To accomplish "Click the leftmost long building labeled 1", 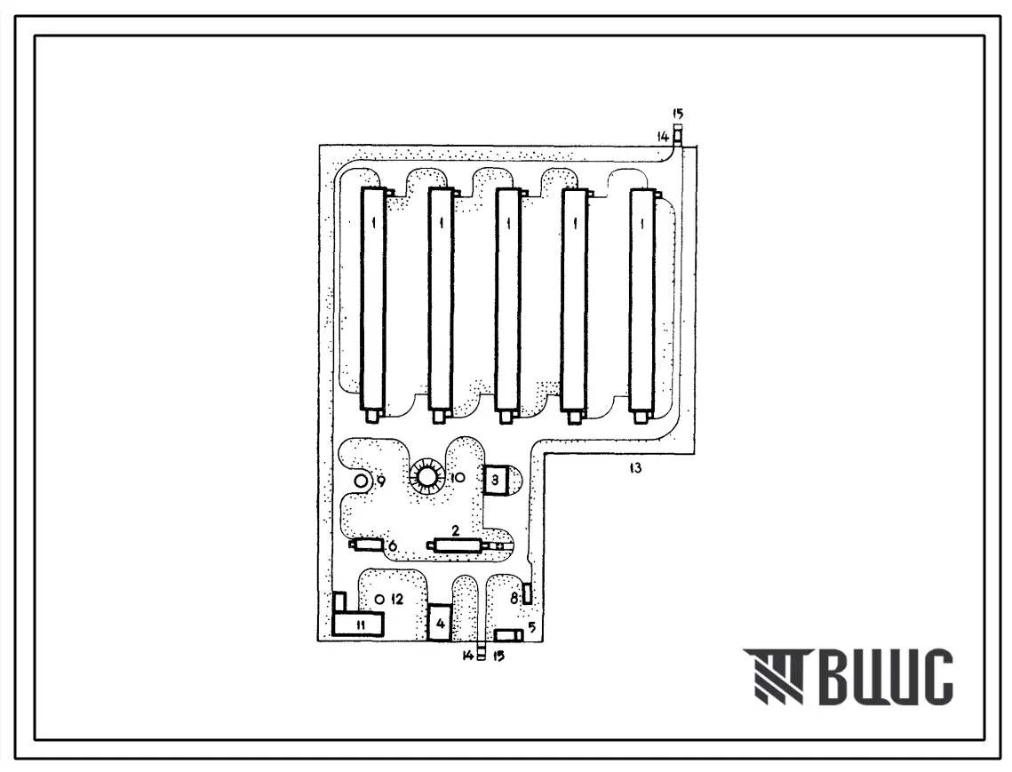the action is pos(372,300).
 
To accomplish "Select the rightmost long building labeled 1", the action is pos(641,300).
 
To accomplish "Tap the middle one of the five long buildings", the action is pos(507,300).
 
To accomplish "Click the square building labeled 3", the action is pos(495,481).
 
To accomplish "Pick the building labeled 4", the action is pos(440,622).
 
